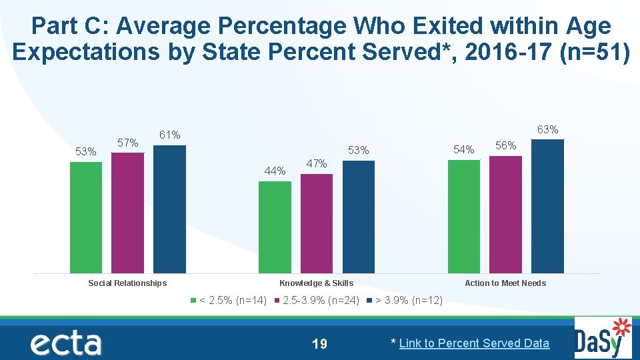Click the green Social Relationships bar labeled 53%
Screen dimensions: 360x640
86,217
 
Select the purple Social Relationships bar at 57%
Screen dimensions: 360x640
127,213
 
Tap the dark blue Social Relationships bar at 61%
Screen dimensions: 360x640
169,209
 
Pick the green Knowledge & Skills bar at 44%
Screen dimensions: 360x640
275,227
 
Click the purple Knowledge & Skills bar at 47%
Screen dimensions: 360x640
317,223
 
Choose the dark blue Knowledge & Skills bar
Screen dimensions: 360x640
359,217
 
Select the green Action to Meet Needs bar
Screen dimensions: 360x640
464,216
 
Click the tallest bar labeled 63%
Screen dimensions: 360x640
547,206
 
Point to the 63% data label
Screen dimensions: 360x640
547,129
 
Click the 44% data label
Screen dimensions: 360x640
275,171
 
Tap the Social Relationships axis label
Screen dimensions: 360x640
127,283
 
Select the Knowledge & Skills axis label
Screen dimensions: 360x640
316,283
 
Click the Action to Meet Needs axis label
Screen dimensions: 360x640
505,283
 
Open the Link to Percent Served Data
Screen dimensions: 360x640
474,343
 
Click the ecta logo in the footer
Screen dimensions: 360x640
65,343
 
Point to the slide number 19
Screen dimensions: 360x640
319,344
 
